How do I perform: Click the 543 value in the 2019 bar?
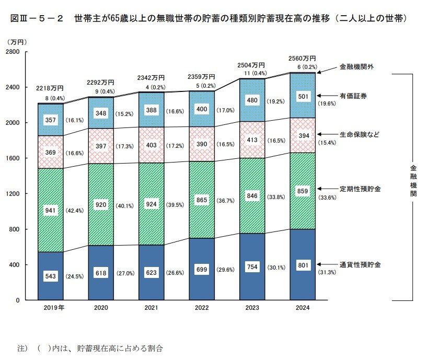click(x=51, y=276)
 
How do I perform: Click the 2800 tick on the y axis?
click(x=13, y=52)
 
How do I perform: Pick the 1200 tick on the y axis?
click(x=13, y=194)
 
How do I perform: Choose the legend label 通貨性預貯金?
click(x=360, y=265)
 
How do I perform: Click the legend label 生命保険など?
click(x=359, y=134)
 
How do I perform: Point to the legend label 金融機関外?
click(x=356, y=67)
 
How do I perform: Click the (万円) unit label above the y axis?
click(x=17, y=41)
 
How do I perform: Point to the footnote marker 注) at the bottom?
click(x=22, y=347)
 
